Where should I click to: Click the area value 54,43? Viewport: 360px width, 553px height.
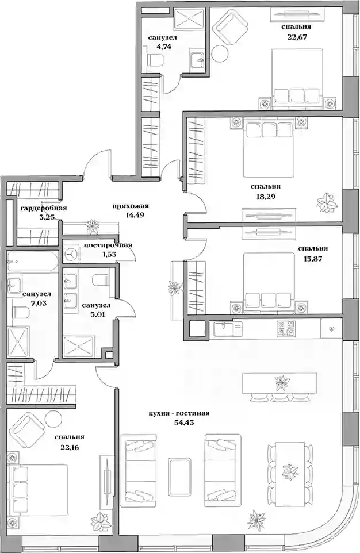tap(185, 422)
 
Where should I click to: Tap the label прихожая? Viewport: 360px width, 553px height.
tap(131, 206)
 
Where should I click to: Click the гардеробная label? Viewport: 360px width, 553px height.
tap(43, 208)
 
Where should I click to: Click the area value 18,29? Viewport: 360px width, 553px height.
tap(266, 197)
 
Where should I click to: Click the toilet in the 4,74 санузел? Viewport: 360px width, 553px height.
tap(155, 60)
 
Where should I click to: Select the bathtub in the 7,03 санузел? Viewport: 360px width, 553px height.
tap(33, 262)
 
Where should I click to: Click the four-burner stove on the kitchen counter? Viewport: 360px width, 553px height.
tap(286, 328)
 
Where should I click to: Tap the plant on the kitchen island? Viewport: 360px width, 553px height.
tap(282, 383)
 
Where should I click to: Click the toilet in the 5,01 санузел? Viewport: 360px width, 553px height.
tap(100, 281)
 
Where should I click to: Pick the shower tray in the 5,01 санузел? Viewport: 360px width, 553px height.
tap(79, 346)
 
